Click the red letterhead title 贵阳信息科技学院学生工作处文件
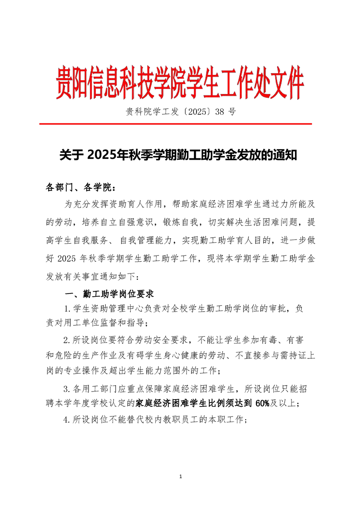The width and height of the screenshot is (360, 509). [180, 84]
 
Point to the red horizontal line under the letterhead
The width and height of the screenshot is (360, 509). [175, 123]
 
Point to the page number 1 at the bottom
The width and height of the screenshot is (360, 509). [181, 476]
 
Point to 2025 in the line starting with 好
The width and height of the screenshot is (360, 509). [69, 258]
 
